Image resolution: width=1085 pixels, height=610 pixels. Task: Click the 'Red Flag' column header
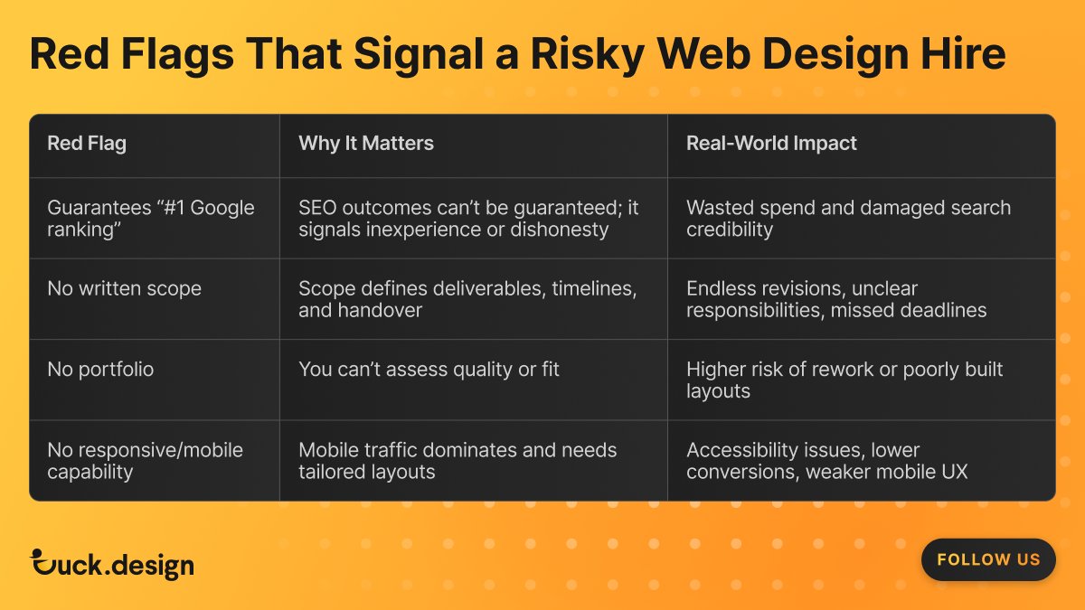click(x=87, y=144)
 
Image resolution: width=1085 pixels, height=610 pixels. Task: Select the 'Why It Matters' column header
click(x=366, y=144)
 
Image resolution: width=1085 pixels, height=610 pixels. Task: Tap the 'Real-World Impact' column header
click(x=771, y=144)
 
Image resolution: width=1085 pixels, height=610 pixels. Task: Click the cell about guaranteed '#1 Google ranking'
click(x=150, y=218)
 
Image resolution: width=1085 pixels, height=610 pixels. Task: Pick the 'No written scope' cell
click(x=124, y=289)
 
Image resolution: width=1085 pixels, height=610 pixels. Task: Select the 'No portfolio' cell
click(x=100, y=370)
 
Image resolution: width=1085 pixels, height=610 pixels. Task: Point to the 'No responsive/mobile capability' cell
click(x=145, y=461)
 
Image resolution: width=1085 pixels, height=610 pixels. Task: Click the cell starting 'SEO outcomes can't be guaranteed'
click(x=468, y=218)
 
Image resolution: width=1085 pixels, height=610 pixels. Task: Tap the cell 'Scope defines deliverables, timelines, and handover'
click(x=467, y=299)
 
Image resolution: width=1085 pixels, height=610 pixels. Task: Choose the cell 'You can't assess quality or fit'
click(x=429, y=370)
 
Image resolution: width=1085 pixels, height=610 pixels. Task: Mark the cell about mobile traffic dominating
click(x=458, y=461)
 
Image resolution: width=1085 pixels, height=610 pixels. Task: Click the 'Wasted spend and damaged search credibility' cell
click(x=848, y=218)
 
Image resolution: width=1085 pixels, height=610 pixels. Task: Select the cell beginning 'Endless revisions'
click(x=836, y=299)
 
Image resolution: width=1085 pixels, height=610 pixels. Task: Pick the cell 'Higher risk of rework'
click(x=844, y=380)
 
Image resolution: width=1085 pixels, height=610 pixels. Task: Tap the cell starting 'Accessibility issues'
click(x=826, y=461)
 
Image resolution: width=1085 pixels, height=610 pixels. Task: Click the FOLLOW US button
click(x=988, y=559)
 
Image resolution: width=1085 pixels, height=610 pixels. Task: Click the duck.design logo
click(x=112, y=565)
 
